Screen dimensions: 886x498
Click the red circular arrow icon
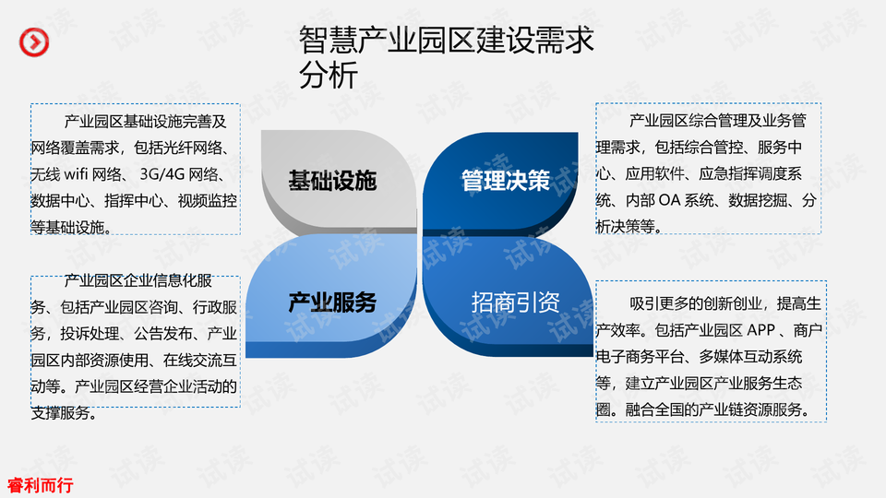pos(34,41)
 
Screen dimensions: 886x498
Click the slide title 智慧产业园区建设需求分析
pos(447,57)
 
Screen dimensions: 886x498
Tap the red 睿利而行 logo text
pos(40,485)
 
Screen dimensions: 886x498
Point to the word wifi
pos(76,174)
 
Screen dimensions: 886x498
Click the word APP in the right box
pos(761,330)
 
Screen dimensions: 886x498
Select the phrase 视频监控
pos(208,200)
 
